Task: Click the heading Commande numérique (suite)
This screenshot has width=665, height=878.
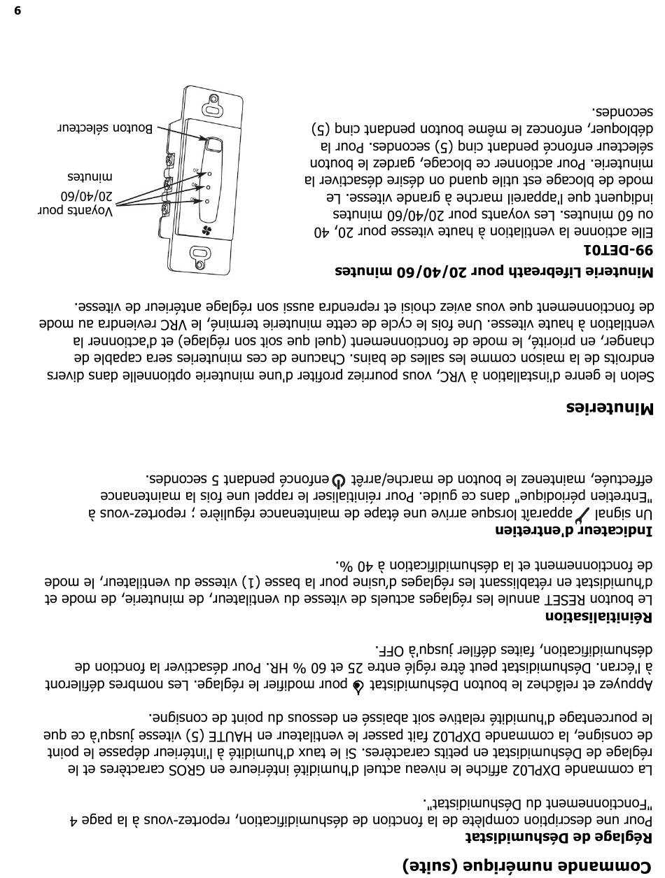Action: (x=528, y=865)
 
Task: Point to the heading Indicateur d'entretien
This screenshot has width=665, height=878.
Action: (x=574, y=530)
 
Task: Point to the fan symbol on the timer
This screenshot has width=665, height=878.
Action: (x=206, y=230)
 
